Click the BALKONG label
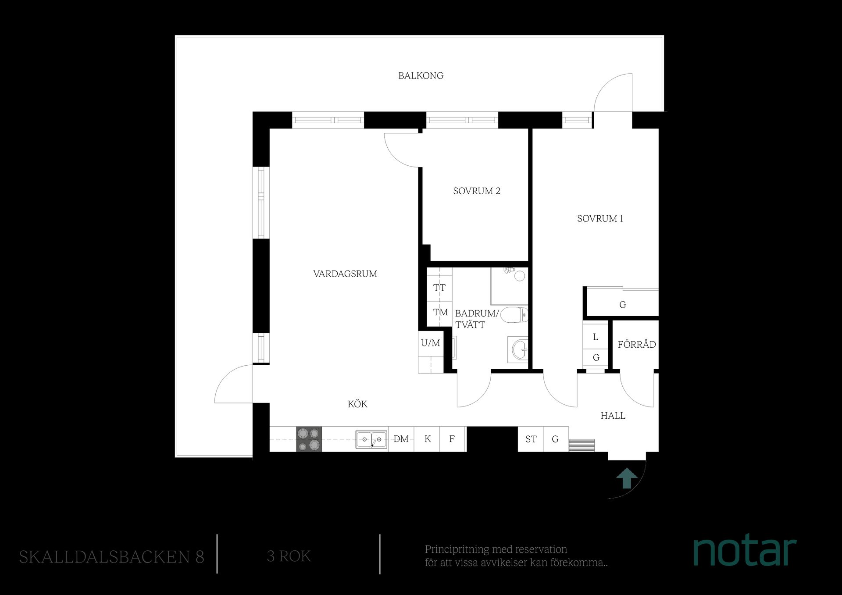click(421, 75)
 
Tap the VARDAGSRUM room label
click(345, 274)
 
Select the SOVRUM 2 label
click(477, 191)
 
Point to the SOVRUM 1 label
click(600, 218)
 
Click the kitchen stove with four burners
click(309, 439)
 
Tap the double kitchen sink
click(371, 439)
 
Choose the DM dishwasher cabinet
click(401, 439)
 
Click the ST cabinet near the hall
click(531, 439)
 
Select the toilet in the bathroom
click(514, 315)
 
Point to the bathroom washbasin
click(518, 349)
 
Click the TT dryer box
click(439, 288)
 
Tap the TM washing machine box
click(439, 313)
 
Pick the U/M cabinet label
click(430, 343)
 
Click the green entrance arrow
click(627, 478)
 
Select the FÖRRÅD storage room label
click(637, 344)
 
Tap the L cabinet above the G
click(596, 337)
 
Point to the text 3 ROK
click(289, 556)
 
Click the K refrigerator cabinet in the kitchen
click(428, 439)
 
